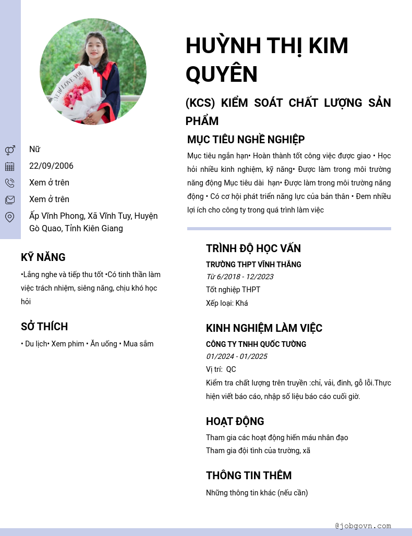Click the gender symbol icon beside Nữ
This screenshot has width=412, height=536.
click(x=10, y=150)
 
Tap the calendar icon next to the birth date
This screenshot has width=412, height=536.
click(x=10, y=167)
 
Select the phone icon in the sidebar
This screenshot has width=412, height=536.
click(x=10, y=183)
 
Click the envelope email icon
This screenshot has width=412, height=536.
click(x=10, y=200)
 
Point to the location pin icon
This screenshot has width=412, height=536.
click(x=10, y=217)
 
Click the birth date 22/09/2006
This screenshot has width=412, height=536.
click(x=51, y=166)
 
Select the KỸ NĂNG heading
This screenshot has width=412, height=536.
click(x=43, y=257)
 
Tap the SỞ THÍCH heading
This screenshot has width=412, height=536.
click(x=44, y=327)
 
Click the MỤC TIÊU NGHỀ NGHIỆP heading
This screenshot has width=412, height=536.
click(x=246, y=140)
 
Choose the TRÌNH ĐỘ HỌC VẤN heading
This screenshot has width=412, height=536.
click(x=253, y=248)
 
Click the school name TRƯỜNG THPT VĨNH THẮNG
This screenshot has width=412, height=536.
click(x=253, y=265)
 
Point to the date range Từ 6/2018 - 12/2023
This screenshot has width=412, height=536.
click(x=239, y=277)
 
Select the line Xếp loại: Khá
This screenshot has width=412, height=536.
click(x=227, y=303)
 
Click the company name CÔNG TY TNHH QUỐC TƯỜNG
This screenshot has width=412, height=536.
click(x=256, y=344)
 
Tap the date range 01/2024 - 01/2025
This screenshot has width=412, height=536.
click(x=237, y=356)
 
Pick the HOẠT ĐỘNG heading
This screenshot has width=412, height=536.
click(x=235, y=421)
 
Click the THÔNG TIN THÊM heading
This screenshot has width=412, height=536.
click(x=249, y=476)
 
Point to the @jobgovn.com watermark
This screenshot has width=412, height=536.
click(x=363, y=526)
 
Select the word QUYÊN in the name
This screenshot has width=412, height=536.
click(x=222, y=74)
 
